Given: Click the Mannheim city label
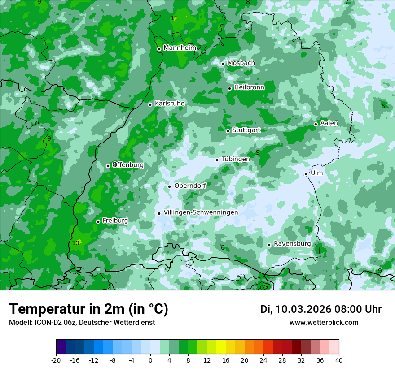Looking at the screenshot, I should pos(180,48).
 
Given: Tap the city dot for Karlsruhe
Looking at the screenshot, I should pos(150,104).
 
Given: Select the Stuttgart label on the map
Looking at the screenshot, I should pos(246,130).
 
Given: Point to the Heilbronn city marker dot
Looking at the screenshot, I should pos(230,88).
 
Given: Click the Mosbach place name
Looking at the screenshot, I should pos(241,63).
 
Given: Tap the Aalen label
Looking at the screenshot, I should pos(329,123).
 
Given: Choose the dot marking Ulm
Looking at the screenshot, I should pos(306,174).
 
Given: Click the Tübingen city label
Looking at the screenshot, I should pos(236,159).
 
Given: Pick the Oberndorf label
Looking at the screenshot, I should pos(190,186).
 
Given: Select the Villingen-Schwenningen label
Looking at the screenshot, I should pos(201,212).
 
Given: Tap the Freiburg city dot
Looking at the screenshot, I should pos(98,221).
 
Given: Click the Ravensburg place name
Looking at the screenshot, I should pos(292,244).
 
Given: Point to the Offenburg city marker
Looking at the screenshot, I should pos(108,166).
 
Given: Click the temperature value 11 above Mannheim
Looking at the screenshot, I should pos(174,18).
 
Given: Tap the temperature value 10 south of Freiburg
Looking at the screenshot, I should pos(75,243).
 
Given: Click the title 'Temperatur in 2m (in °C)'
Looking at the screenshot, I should pos(88,309).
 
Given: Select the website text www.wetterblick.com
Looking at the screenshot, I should pos(324,322).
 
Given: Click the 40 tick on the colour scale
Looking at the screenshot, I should pos(338,360).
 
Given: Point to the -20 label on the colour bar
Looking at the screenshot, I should pos(56,360).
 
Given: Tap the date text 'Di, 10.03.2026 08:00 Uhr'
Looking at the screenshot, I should pos(321,309).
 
